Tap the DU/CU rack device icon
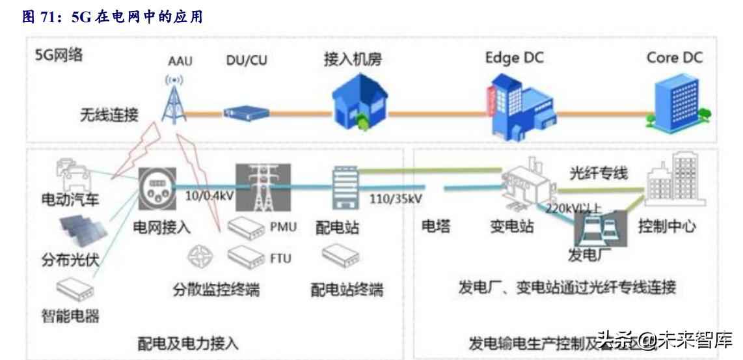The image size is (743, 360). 247,113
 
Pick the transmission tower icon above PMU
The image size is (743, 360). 262,188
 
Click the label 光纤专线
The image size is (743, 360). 598,173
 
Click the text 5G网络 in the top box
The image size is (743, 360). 59,57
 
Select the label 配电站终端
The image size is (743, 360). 347,289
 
